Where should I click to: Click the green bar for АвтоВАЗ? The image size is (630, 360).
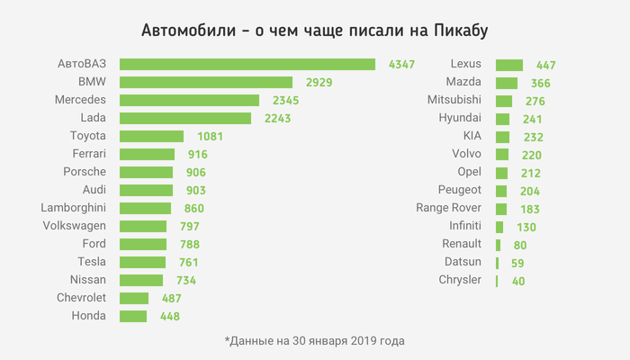click(x=247, y=64)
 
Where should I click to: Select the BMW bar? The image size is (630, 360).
click(x=205, y=82)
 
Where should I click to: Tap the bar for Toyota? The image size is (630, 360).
click(x=150, y=136)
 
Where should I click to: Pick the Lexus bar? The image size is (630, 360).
click(x=508, y=65)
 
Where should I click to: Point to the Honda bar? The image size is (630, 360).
click(x=132, y=316)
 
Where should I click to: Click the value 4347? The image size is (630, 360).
click(x=401, y=65)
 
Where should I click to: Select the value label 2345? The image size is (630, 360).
click(x=285, y=101)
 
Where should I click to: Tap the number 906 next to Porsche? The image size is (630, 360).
click(x=194, y=173)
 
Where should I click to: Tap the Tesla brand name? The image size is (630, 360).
click(x=92, y=262)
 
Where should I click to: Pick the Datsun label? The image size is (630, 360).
click(x=463, y=262)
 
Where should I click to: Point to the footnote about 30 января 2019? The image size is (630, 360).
click(x=314, y=341)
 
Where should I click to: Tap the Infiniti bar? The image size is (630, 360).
click(x=499, y=227)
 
